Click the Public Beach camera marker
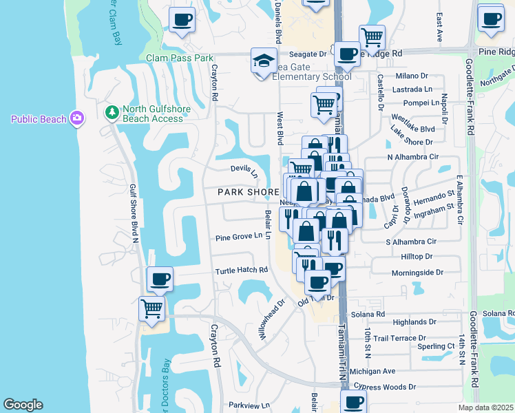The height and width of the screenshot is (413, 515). click(76, 119)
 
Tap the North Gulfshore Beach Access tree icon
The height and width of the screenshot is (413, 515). click(111, 111)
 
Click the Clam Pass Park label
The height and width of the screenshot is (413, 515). click(180, 59)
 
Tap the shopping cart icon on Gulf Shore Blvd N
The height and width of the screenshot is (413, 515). click(151, 309)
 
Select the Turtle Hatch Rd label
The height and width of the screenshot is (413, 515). click(241, 271)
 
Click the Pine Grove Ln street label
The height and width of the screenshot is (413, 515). click(239, 236)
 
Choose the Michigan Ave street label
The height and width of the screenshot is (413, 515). click(372, 371)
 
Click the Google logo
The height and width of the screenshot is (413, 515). click(23, 405)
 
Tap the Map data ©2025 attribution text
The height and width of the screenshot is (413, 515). click(485, 408)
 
